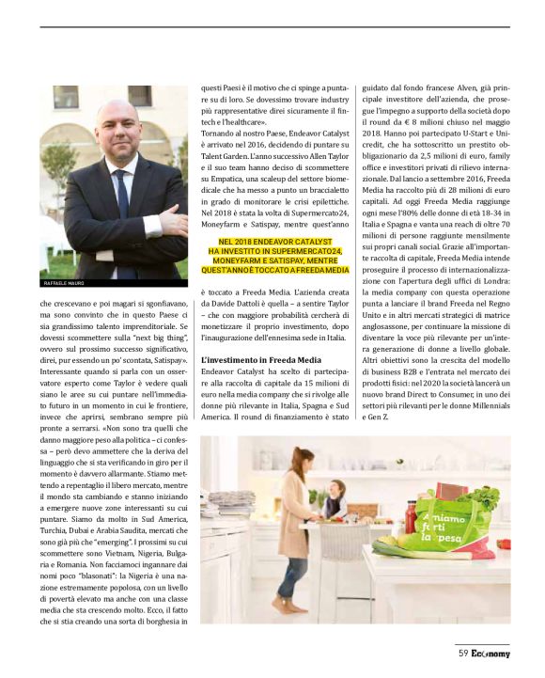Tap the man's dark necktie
tap(121, 216)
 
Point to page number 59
tap(463, 651)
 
